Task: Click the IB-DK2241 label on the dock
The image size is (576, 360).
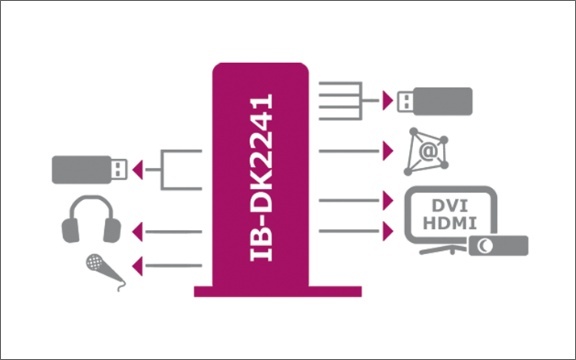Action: coord(261,177)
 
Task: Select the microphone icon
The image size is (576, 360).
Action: coord(105,272)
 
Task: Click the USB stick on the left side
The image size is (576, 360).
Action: coord(89,170)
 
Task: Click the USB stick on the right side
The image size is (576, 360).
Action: coord(435,101)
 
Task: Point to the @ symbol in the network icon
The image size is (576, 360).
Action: coord(428,151)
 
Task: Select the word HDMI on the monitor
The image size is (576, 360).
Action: coord(450,223)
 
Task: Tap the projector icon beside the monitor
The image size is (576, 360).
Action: coord(498,245)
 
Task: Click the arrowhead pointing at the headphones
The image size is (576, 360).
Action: coord(138,232)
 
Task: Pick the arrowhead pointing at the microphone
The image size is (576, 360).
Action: coord(138,266)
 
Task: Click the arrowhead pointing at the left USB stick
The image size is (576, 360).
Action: coord(138,170)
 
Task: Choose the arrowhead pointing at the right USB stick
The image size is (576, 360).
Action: coord(387,100)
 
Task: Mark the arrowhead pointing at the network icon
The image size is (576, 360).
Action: coord(387,151)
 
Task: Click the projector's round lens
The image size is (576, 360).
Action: coord(485,245)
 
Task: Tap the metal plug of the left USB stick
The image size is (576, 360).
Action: coord(119,169)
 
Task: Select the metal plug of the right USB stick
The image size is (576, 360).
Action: coord(406,101)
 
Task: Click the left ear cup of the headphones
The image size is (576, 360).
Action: coord(70,230)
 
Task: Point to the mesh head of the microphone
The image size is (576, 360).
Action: coord(94,262)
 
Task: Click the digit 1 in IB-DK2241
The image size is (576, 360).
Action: coord(261,101)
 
